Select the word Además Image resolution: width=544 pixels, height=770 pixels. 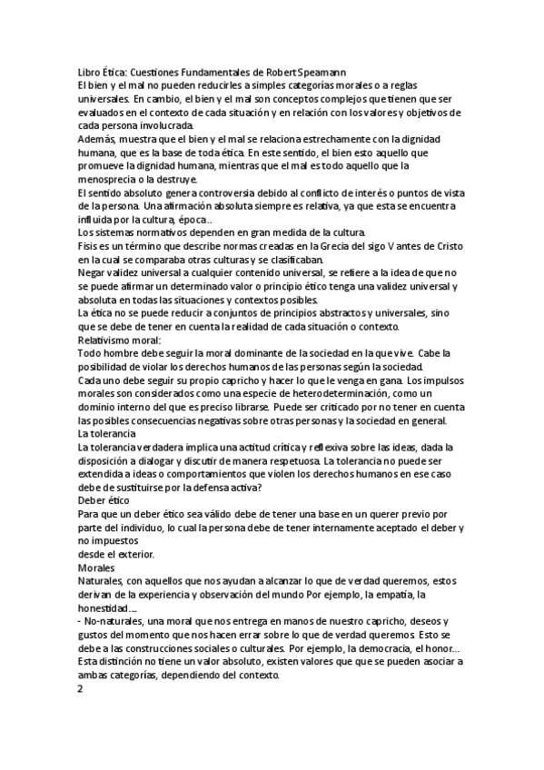tap(98, 138)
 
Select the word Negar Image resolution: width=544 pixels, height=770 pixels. tap(94, 272)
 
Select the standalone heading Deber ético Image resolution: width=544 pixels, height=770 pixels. tap(104, 500)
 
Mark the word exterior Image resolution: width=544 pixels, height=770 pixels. tap(136, 554)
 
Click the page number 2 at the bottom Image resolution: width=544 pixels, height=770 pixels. tap(81, 688)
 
